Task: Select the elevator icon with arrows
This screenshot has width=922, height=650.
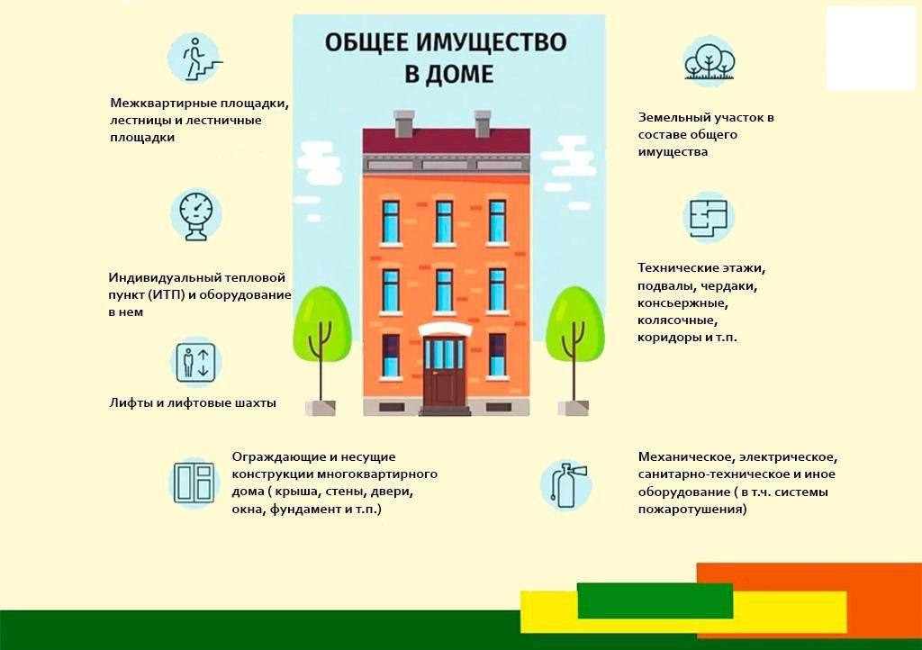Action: tap(196, 362)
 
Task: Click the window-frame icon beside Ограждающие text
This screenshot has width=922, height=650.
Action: tap(194, 483)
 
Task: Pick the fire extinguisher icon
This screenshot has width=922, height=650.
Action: tap(565, 485)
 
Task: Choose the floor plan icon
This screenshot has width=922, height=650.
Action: tap(709, 218)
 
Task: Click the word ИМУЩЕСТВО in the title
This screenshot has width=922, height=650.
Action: tap(493, 43)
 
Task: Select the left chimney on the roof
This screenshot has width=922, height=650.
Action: tap(404, 124)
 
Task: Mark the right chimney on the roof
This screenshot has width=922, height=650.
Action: tap(483, 124)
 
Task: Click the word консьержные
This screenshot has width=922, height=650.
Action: tap(682, 303)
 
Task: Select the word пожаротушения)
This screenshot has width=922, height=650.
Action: tap(692, 509)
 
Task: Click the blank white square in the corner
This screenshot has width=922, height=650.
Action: tap(871, 49)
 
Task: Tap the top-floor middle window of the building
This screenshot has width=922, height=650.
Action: tap(444, 221)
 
